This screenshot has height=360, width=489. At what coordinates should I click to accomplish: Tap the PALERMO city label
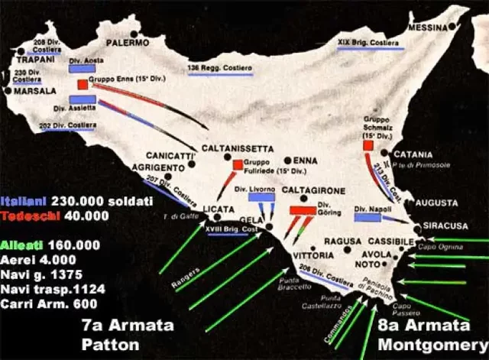[128, 44]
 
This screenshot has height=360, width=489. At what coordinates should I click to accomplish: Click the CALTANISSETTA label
[237, 148]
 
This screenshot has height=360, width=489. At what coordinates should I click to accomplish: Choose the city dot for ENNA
[287, 161]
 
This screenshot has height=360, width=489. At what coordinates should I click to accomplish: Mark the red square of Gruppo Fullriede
[237, 164]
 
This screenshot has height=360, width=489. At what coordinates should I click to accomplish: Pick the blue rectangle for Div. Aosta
[80, 68]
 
